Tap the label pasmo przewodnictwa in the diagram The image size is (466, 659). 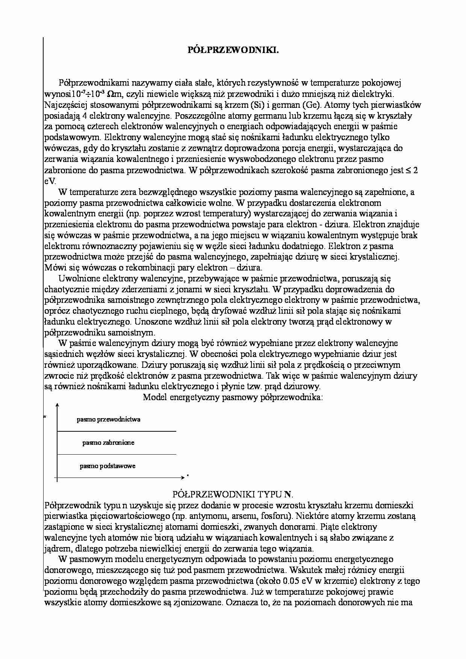tap(109, 419)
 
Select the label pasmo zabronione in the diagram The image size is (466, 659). tap(108, 443)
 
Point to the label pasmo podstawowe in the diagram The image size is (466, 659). tap(107, 466)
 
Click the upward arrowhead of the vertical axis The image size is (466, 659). tap(57, 405)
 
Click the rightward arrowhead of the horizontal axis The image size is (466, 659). tap(183, 477)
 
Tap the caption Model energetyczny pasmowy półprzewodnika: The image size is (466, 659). tap(233, 398)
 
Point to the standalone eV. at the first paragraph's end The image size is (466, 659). tap(50, 181)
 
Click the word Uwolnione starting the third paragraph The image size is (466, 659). tap(77, 279)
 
